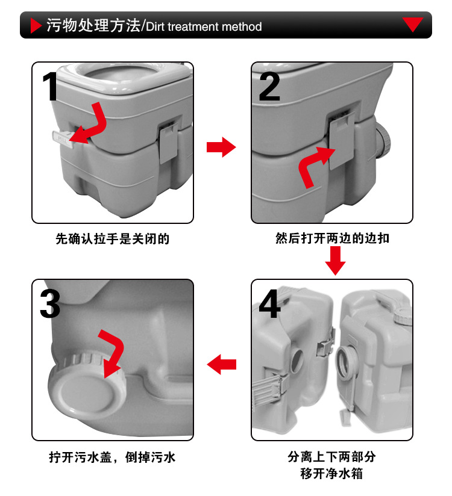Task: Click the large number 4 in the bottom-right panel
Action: (269, 304)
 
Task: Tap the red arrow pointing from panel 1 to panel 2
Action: (221, 147)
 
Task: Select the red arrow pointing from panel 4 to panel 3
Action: (221, 364)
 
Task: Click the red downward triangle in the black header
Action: (413, 25)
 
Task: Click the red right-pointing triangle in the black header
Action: (36, 26)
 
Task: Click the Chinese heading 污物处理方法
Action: (93, 26)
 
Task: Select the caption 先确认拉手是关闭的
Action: (113, 239)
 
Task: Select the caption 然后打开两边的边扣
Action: (332, 238)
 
